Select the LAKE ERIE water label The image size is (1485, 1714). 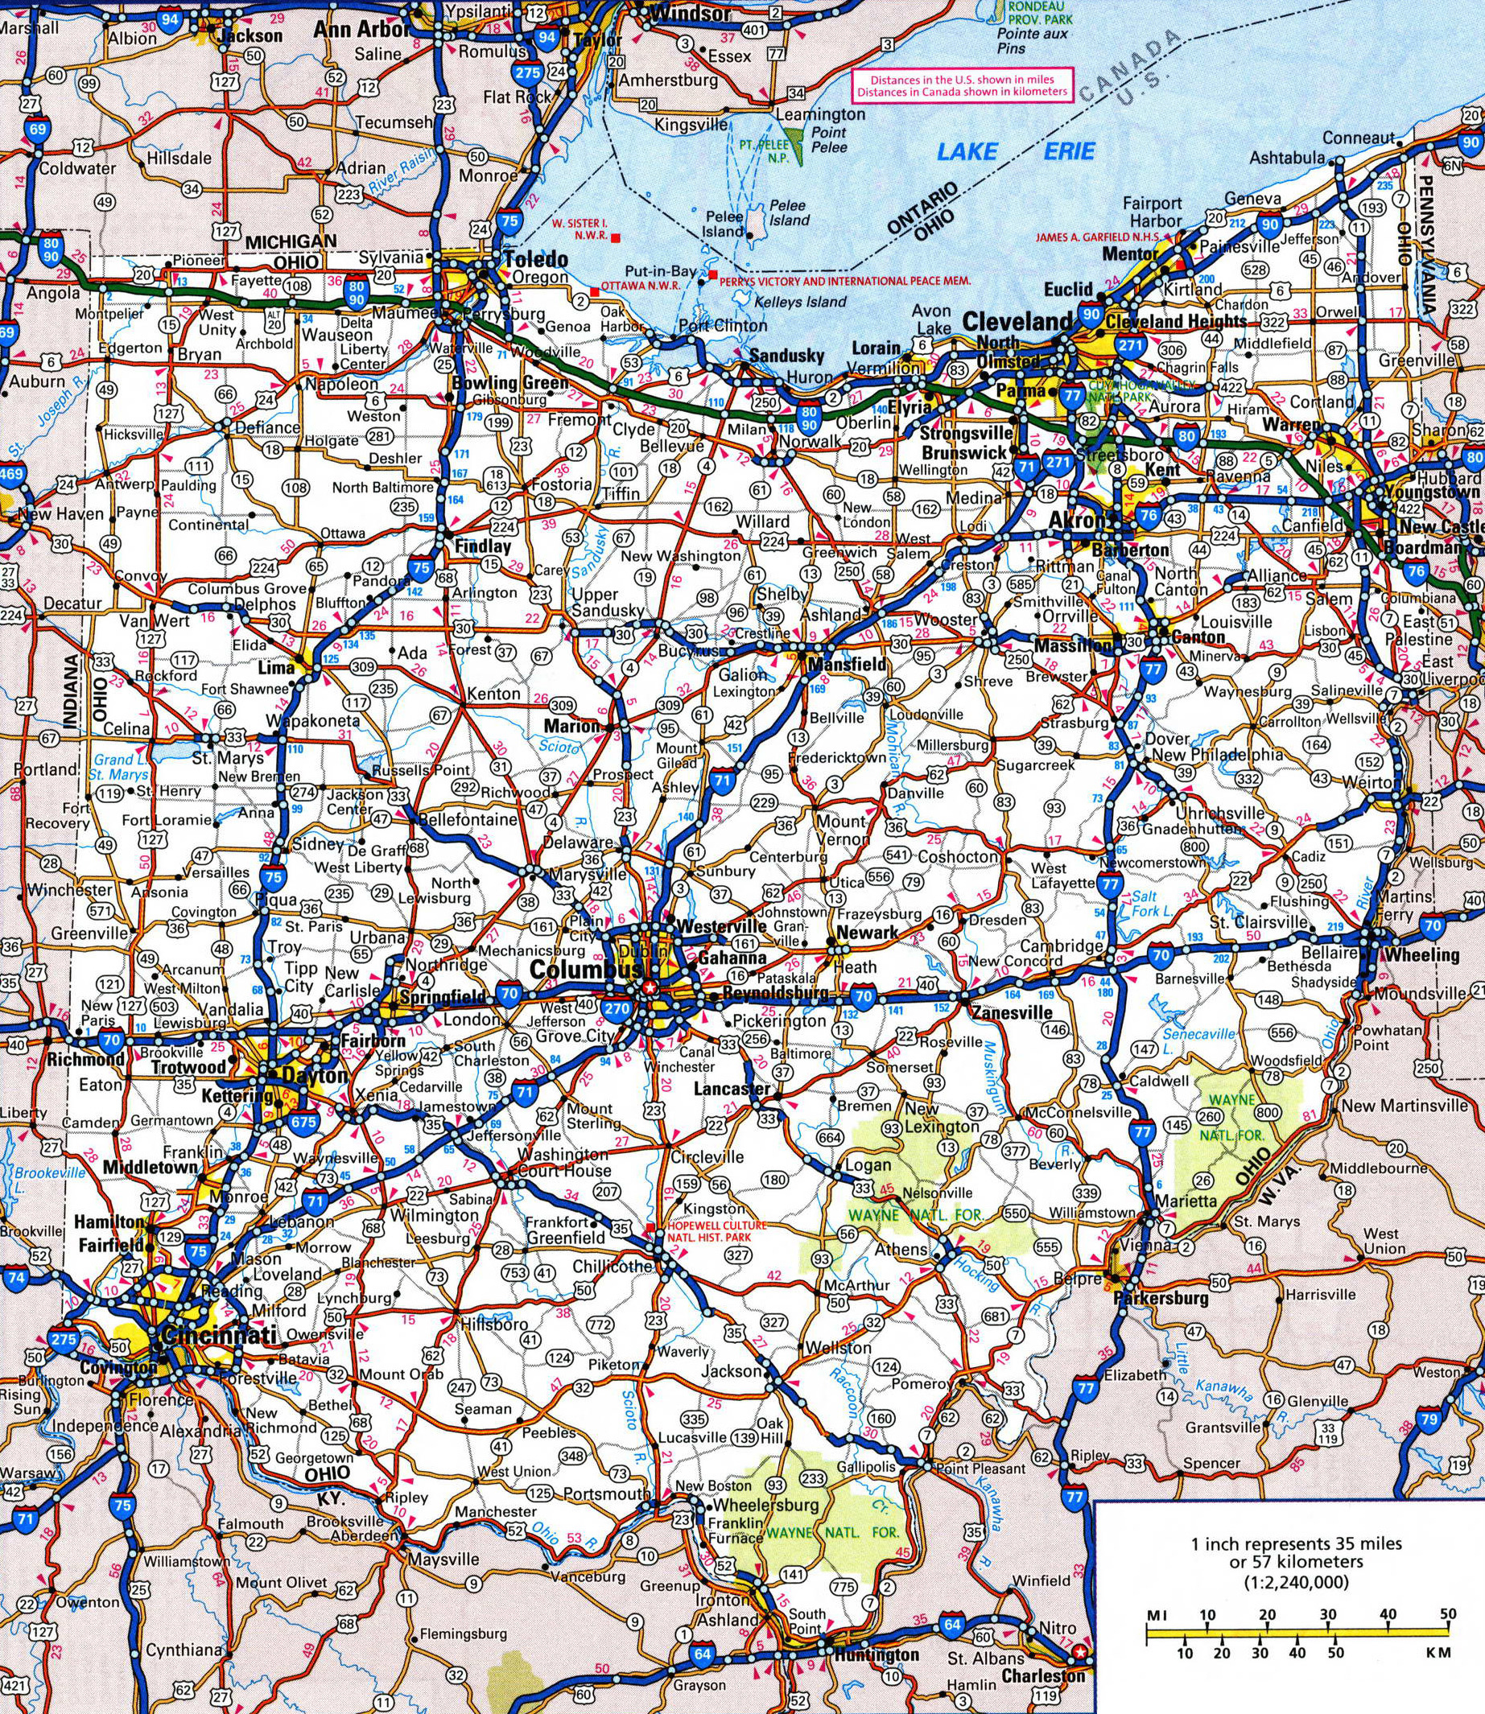click(1015, 150)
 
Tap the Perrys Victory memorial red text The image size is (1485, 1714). click(844, 282)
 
